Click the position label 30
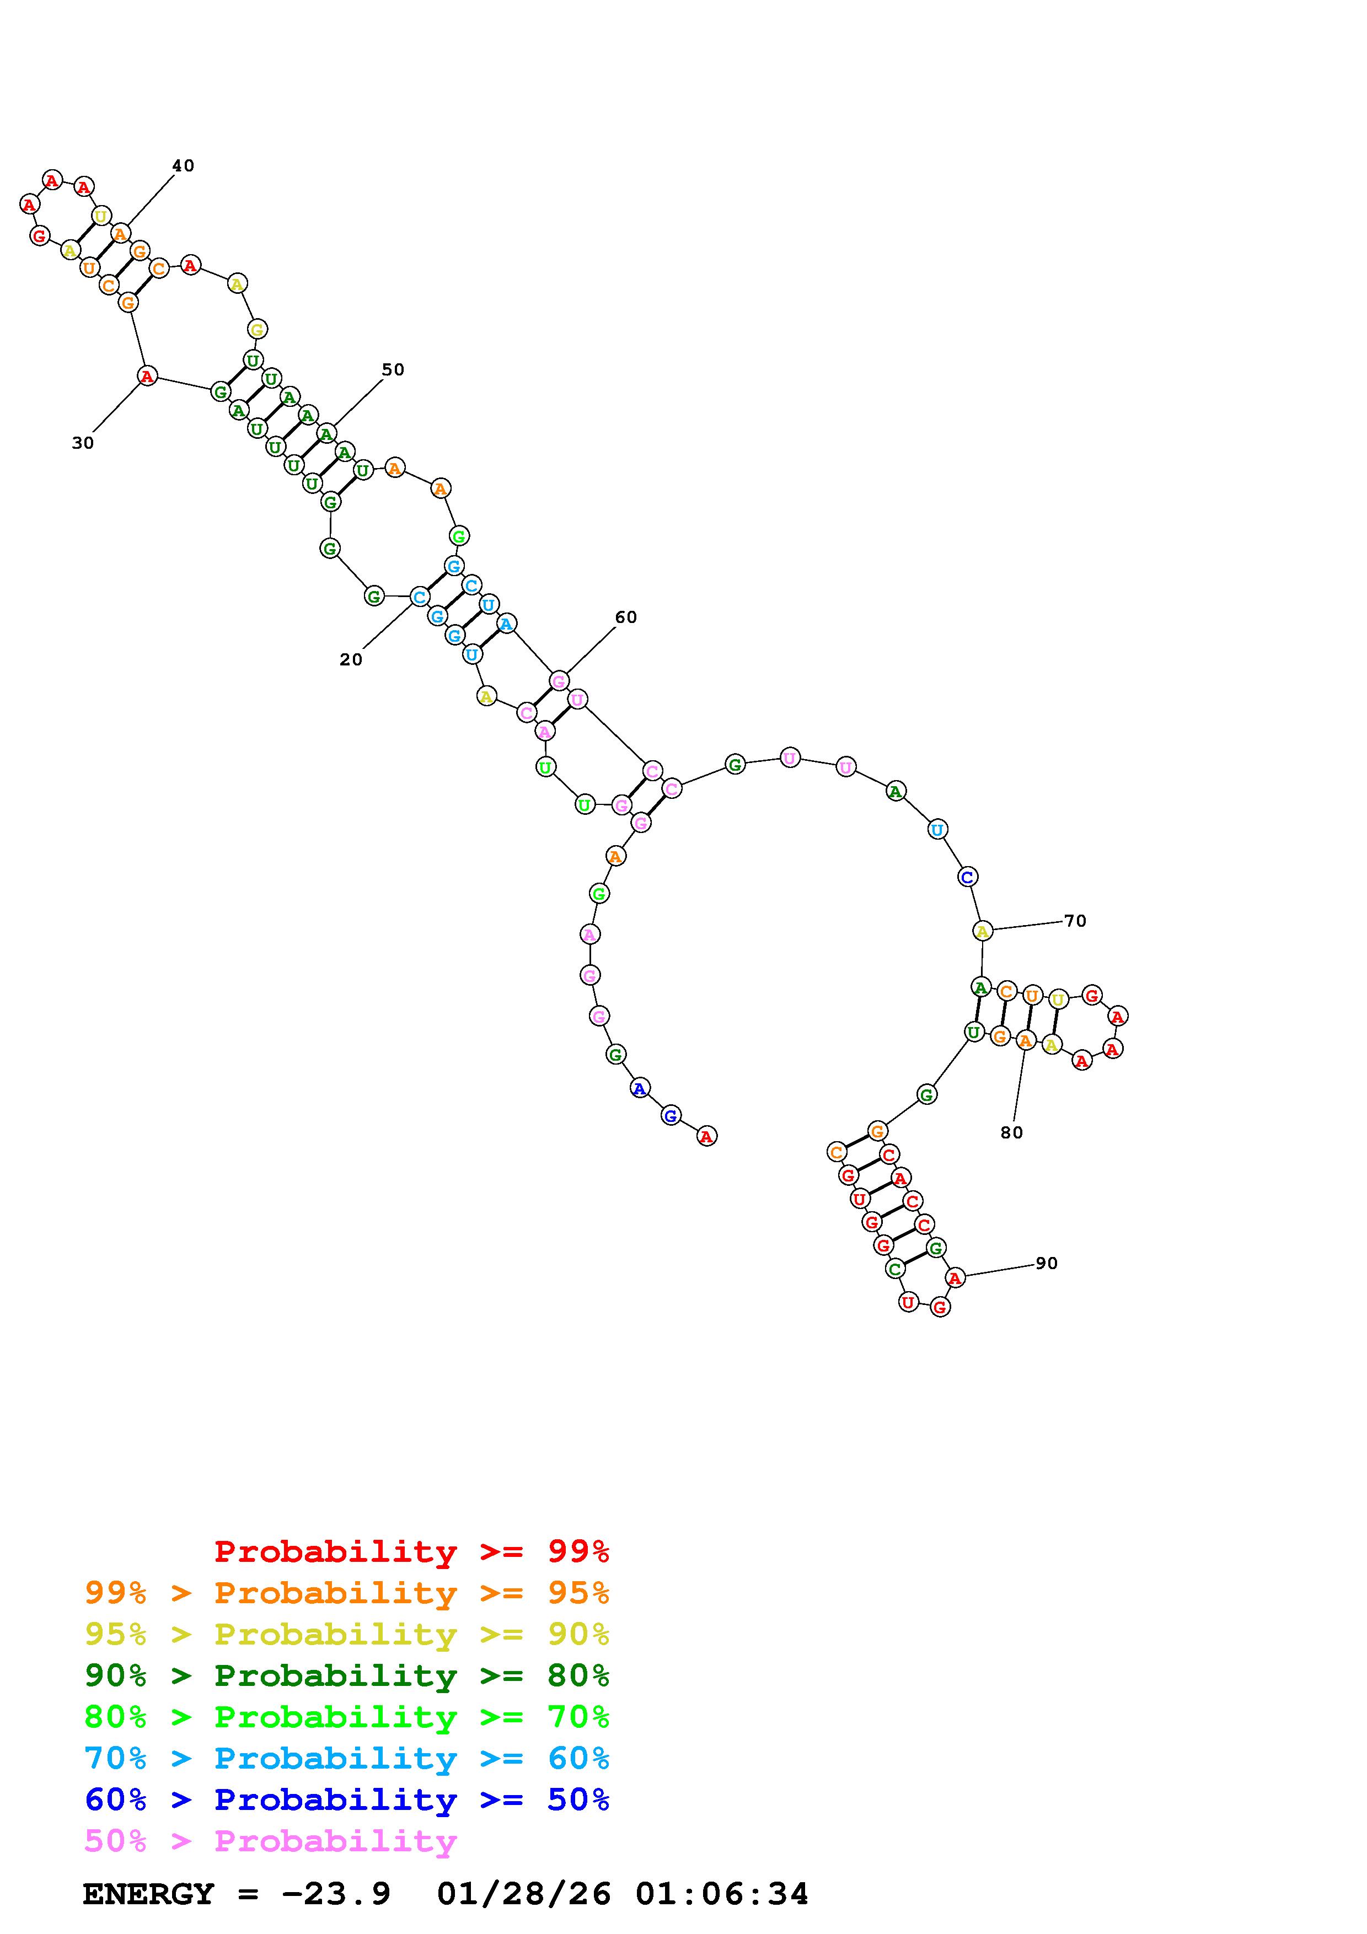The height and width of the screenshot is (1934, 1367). coord(83,443)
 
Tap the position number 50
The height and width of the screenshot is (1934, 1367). coord(393,370)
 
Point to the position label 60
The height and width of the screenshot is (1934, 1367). coord(626,617)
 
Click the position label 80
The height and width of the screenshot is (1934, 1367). coord(1011,1133)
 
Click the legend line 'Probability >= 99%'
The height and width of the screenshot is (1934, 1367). coord(412,1551)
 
